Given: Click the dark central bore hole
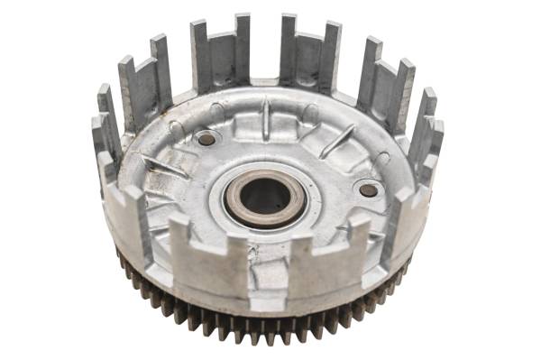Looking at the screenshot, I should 264,196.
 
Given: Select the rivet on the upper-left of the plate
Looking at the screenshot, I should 206,139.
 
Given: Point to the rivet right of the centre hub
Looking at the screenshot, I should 369,190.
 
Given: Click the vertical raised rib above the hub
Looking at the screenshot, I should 266,120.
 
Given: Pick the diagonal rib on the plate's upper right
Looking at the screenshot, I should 338,141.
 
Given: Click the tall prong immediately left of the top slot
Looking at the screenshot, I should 243,50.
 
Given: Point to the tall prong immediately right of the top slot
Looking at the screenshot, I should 288,50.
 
